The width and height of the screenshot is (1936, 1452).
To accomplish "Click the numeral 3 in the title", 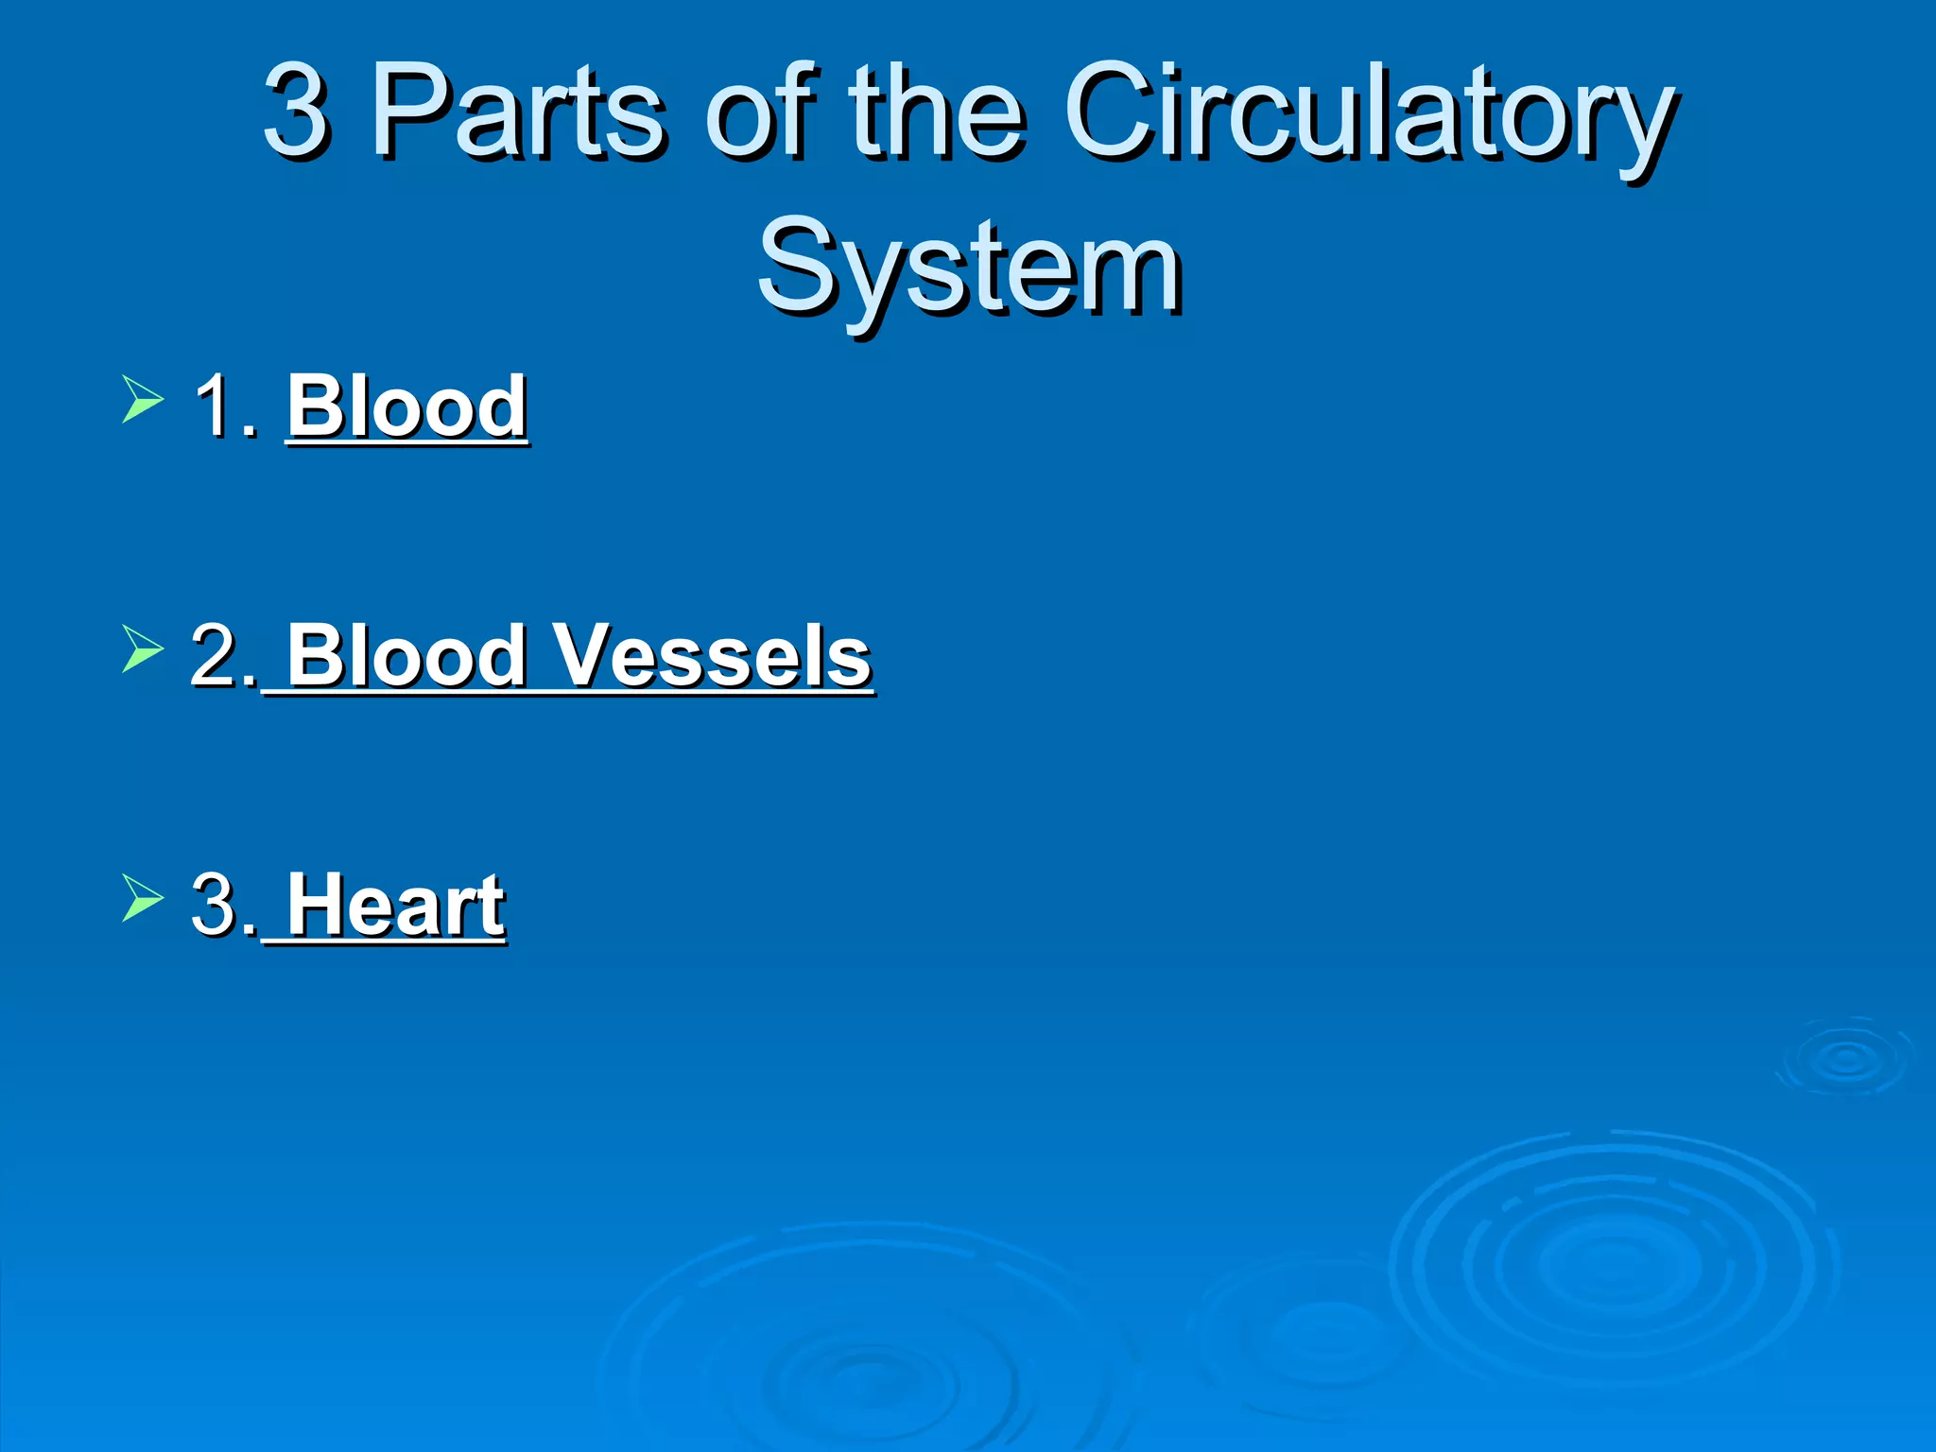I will click(296, 112).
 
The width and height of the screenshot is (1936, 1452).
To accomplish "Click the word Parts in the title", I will click(518, 112).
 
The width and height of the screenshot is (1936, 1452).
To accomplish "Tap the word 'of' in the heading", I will click(760, 112).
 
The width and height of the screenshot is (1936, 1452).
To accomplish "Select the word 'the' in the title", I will click(935, 112).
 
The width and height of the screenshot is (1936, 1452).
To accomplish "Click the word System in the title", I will click(968, 267).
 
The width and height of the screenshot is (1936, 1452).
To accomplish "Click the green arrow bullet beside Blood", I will click(143, 399).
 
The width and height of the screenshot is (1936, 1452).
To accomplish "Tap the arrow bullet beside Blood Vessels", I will click(143, 648).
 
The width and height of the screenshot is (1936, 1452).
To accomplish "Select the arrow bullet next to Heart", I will click(143, 897).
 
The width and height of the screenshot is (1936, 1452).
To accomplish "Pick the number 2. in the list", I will click(223, 655).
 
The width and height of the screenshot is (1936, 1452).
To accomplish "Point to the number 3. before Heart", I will click(223, 905).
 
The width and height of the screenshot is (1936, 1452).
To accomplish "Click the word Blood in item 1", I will click(406, 406).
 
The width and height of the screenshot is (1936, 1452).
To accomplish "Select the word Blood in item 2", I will click(406, 655).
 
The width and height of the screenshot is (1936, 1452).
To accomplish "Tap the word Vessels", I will click(711, 655).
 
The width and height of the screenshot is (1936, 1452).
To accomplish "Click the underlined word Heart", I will click(395, 905).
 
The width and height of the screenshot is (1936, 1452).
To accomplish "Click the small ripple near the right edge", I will click(1844, 1058).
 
